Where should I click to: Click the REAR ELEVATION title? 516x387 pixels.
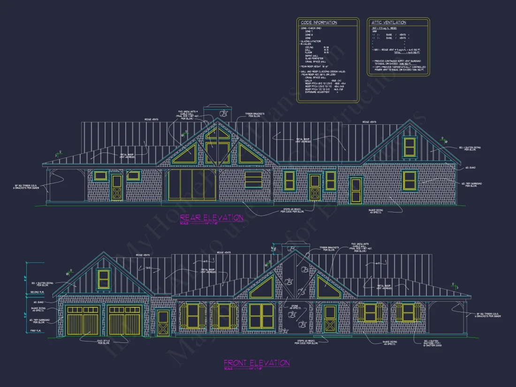point(212,218)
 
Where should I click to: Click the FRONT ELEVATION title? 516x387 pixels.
point(257,363)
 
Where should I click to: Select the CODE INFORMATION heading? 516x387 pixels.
point(319,23)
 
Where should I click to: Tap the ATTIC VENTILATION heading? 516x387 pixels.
point(389,22)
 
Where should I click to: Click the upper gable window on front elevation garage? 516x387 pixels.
point(103,278)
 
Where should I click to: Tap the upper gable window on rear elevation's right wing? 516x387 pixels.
point(410,146)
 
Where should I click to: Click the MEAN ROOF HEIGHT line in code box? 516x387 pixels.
point(315,67)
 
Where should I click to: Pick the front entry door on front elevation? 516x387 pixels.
point(330,319)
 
